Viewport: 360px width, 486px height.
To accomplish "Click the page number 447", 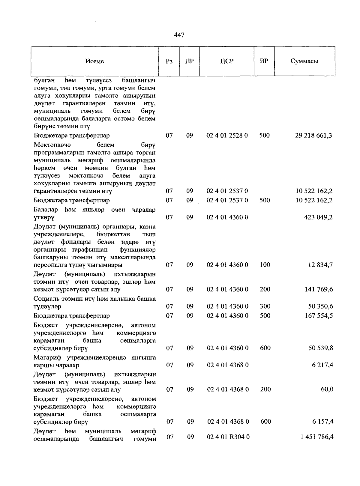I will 179,35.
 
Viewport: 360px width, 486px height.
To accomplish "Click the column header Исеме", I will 94,61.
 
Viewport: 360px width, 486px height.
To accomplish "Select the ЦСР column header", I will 226,61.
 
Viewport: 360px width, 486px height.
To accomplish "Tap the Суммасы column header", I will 304,61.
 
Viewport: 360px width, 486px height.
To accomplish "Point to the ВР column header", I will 264,61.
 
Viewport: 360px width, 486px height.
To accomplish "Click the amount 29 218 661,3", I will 313,136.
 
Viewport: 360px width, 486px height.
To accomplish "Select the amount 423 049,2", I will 318,217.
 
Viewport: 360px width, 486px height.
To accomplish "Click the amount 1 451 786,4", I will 316,437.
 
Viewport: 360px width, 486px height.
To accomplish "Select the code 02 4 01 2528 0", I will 227,136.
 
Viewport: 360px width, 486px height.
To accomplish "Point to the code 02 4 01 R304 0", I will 228,437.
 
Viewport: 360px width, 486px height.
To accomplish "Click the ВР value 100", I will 265,265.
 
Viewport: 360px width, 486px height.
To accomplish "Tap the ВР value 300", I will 265,306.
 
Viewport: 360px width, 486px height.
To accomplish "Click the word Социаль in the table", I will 45,299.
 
